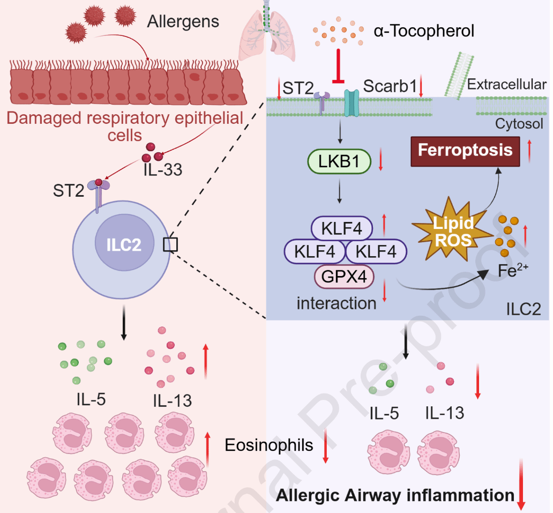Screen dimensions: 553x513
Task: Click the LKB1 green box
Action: coord(339,161)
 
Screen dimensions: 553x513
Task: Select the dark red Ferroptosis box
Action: coord(465,151)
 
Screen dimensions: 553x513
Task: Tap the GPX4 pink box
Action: coord(344,276)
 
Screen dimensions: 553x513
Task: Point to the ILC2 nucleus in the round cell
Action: coord(124,243)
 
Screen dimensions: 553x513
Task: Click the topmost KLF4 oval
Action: coord(342,228)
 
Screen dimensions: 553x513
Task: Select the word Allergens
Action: coord(183,21)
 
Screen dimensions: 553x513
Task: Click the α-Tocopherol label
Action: coord(424,31)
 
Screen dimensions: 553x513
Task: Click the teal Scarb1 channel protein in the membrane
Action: coord(352,103)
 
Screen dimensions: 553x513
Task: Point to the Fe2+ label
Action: coord(513,270)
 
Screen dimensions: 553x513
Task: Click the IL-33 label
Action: coord(163,170)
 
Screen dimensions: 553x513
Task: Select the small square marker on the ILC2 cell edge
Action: coord(170,244)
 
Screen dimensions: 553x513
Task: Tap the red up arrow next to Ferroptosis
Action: coord(529,151)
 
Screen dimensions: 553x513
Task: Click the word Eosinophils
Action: coord(269,445)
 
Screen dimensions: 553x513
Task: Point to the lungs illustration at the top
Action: coord(267,32)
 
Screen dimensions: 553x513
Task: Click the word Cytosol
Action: coord(519,124)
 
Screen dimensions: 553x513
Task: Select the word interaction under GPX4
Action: coord(337,303)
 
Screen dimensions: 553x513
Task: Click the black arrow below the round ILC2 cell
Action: coord(123,323)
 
